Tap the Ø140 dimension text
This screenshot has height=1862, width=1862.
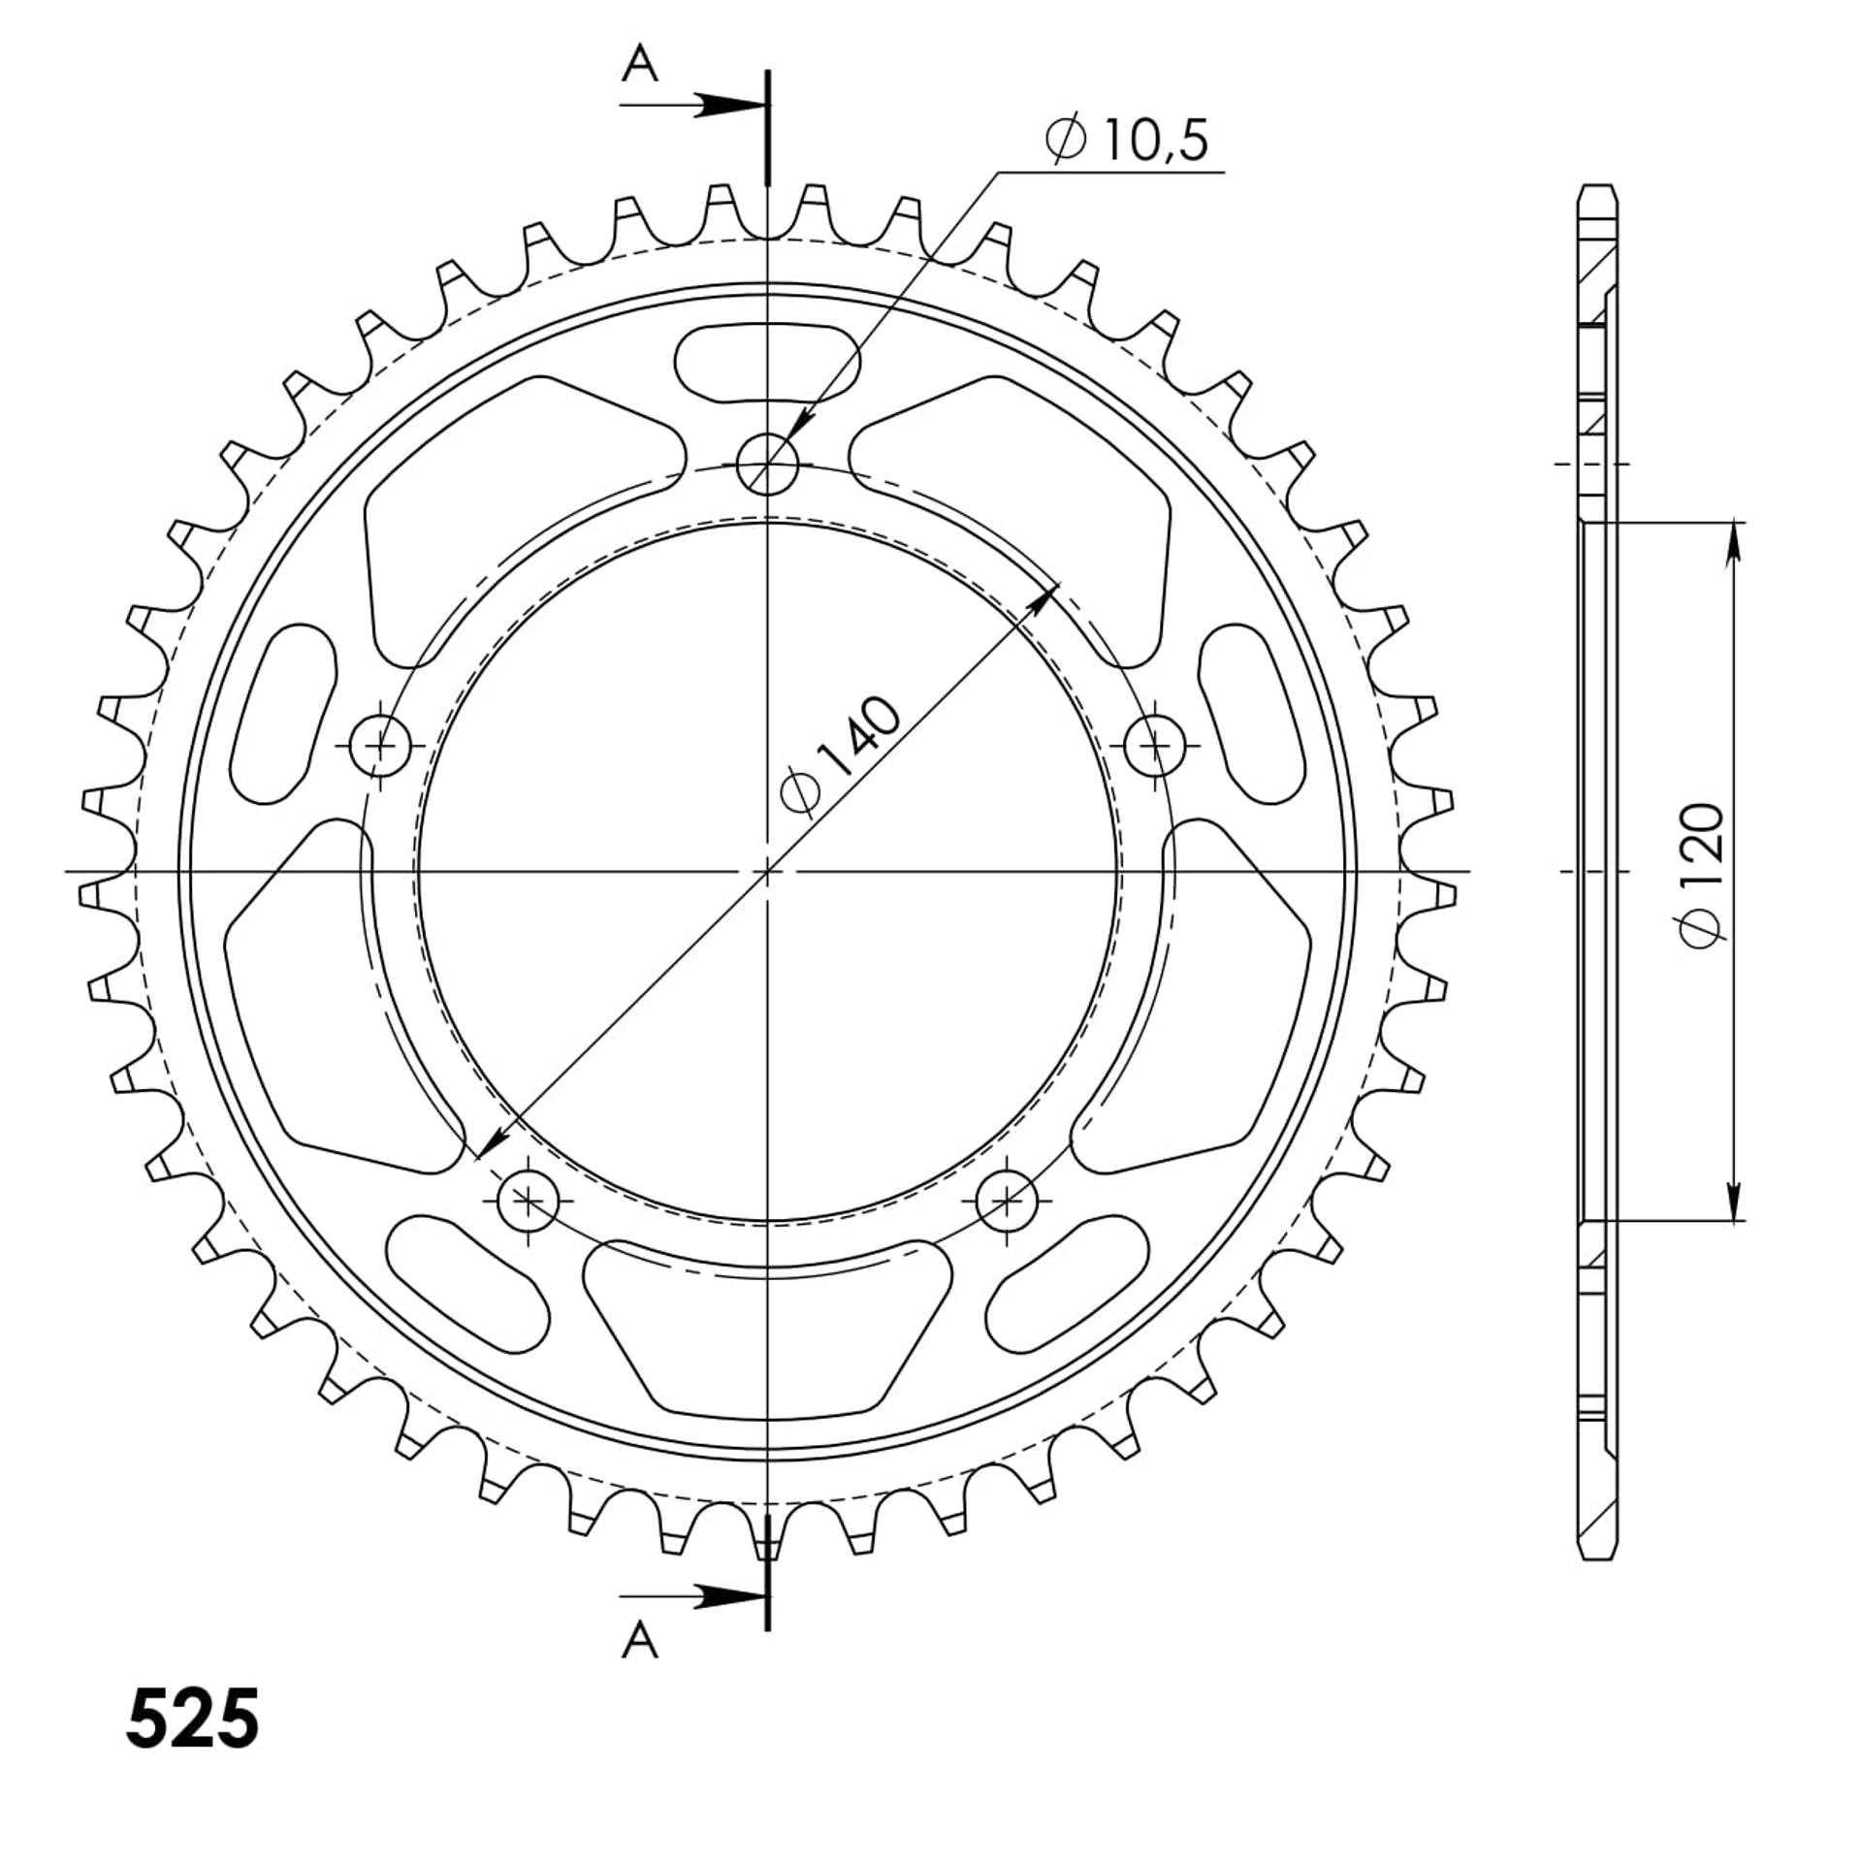coord(841,754)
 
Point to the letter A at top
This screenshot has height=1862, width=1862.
coord(640,65)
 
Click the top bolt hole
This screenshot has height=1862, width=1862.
coord(767,465)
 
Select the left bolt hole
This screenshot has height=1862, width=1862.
coord(381,746)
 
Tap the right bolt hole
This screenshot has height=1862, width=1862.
coord(1154,746)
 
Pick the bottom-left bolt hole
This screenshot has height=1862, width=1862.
coord(529,1201)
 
